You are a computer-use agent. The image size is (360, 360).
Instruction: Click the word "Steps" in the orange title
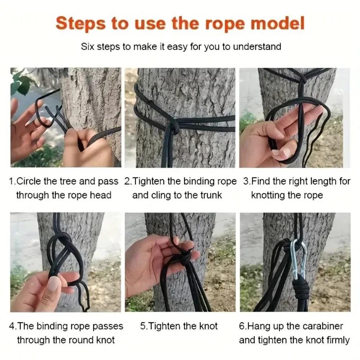(x=80, y=23)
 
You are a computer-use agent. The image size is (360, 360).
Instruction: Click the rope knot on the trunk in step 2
(x=174, y=126)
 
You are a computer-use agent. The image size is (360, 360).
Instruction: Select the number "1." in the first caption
(x=12, y=181)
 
